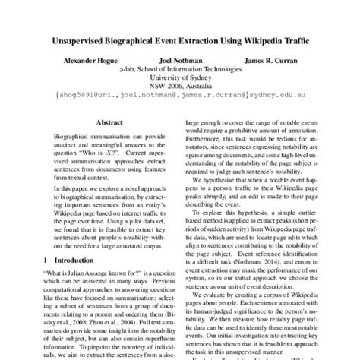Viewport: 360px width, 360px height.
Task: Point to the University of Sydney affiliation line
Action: tap(180, 77)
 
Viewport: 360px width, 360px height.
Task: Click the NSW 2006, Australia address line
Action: tap(180, 87)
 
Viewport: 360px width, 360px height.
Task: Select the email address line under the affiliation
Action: tap(180, 96)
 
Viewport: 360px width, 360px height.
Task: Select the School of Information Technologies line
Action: tap(180, 68)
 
